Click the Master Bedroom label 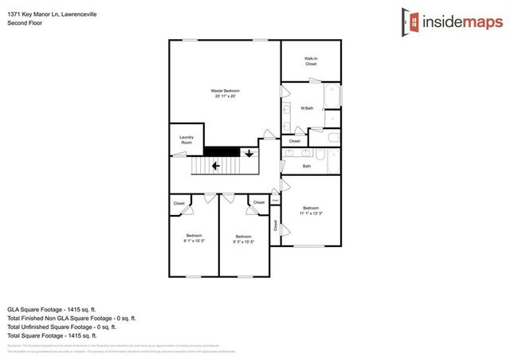point(225,94)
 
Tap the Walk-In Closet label point(311,61)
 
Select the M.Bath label point(306,108)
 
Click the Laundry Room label point(186,139)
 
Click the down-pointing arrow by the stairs point(249,153)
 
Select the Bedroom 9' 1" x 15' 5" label point(194,237)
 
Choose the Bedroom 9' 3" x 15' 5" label point(243,237)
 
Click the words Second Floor point(24,24)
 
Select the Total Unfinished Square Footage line point(61,327)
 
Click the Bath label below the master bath point(307,166)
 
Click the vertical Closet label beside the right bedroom point(277,225)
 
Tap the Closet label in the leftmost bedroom point(179,204)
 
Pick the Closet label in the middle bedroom point(259,203)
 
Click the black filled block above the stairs point(222,151)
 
